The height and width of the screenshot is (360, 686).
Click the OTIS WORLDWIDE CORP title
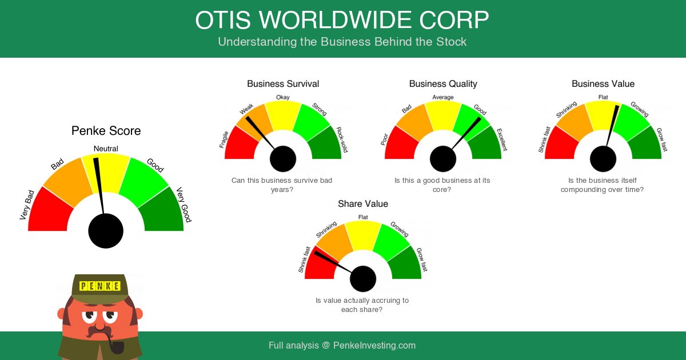[x=342, y=21]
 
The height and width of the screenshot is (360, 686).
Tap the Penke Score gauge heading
[x=106, y=131]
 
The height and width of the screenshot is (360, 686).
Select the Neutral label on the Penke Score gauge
[x=106, y=149]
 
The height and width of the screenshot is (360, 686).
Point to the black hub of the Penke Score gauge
[x=106, y=231]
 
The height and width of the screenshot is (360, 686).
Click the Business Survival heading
[x=283, y=84]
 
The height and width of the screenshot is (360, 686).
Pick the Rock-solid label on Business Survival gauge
[x=342, y=140]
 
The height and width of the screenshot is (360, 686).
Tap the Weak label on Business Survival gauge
[x=247, y=109]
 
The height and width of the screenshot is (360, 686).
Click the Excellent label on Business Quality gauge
[x=502, y=140]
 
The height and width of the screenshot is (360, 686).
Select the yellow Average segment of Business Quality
[x=443, y=114]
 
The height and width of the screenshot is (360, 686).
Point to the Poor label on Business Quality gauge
[x=385, y=139]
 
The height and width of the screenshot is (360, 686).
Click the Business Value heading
[x=603, y=84]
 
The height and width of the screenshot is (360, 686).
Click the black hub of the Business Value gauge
[x=603, y=159]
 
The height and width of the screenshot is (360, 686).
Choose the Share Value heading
[x=363, y=204]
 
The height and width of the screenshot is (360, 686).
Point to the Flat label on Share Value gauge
[x=363, y=217]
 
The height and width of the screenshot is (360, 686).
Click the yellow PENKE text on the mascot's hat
[x=100, y=286]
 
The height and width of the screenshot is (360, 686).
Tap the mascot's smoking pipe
[x=114, y=346]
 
